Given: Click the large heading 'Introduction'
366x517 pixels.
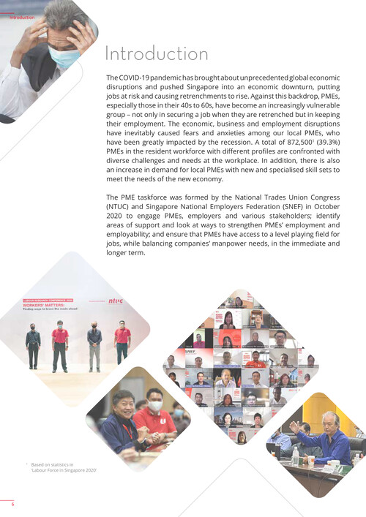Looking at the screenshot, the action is coord(157,54).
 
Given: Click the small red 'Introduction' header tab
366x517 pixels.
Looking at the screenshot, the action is coord(22,17).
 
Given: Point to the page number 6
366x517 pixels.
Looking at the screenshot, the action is coord(12,504).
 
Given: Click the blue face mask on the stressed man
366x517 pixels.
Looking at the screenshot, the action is coord(64,57).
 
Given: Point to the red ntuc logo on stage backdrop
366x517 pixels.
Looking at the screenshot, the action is coord(116,300).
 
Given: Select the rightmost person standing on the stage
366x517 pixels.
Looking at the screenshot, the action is coord(122,342).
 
